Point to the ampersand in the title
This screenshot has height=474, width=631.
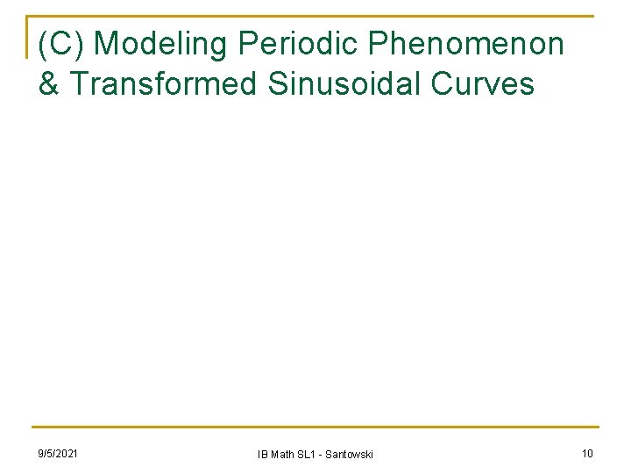point(49,83)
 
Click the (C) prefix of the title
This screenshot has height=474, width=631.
point(61,43)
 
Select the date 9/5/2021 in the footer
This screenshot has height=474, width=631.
point(57,453)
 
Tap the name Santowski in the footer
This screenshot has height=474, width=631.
point(349,455)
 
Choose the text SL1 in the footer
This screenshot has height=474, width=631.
point(307,455)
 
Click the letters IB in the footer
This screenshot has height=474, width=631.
point(262,455)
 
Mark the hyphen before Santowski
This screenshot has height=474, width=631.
point(321,455)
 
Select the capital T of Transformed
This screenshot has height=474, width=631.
point(78,83)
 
